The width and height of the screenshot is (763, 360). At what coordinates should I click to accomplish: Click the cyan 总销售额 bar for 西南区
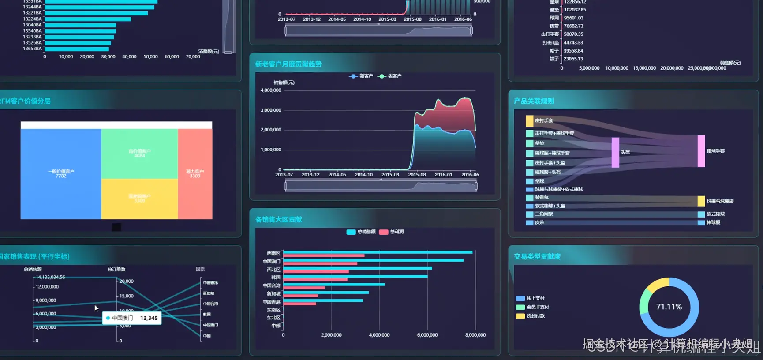pyautogui.click(x=378, y=252)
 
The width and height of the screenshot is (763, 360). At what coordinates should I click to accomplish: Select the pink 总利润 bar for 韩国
pyautogui.click(x=315, y=280)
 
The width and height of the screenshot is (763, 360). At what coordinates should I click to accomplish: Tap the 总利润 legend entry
pyautogui.click(x=392, y=232)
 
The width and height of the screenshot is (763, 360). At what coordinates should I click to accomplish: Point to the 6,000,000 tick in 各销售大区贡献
pyautogui.click(x=427, y=335)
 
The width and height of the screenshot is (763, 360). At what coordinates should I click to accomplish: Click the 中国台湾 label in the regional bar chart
pyautogui.click(x=272, y=286)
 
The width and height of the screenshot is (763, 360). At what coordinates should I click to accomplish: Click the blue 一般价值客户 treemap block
pyautogui.click(x=61, y=174)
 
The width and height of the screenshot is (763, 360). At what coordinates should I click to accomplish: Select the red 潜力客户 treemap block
pyautogui.click(x=195, y=174)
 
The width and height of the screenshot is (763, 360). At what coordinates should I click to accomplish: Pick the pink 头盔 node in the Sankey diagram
pyautogui.click(x=615, y=152)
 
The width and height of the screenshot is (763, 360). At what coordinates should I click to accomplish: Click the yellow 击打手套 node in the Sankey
pyautogui.click(x=529, y=121)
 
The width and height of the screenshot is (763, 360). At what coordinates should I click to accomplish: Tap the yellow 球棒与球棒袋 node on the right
pyautogui.click(x=701, y=202)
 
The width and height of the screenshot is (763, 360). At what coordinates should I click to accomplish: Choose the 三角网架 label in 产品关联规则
pyautogui.click(x=544, y=214)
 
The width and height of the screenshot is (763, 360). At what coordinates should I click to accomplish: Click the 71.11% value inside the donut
pyautogui.click(x=669, y=307)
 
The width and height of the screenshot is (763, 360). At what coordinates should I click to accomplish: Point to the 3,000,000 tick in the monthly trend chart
pyautogui.click(x=271, y=110)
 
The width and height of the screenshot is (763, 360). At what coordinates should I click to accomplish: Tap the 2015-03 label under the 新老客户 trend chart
pyautogui.click(x=390, y=175)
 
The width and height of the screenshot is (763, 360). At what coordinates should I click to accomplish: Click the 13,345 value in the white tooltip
pyautogui.click(x=149, y=318)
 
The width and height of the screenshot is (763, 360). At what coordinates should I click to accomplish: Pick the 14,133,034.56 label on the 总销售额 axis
pyautogui.click(x=50, y=277)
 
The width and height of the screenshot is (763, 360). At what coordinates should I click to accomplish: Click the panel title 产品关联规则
pyautogui.click(x=534, y=101)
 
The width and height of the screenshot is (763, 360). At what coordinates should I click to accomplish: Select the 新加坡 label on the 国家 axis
pyautogui.click(x=209, y=293)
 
